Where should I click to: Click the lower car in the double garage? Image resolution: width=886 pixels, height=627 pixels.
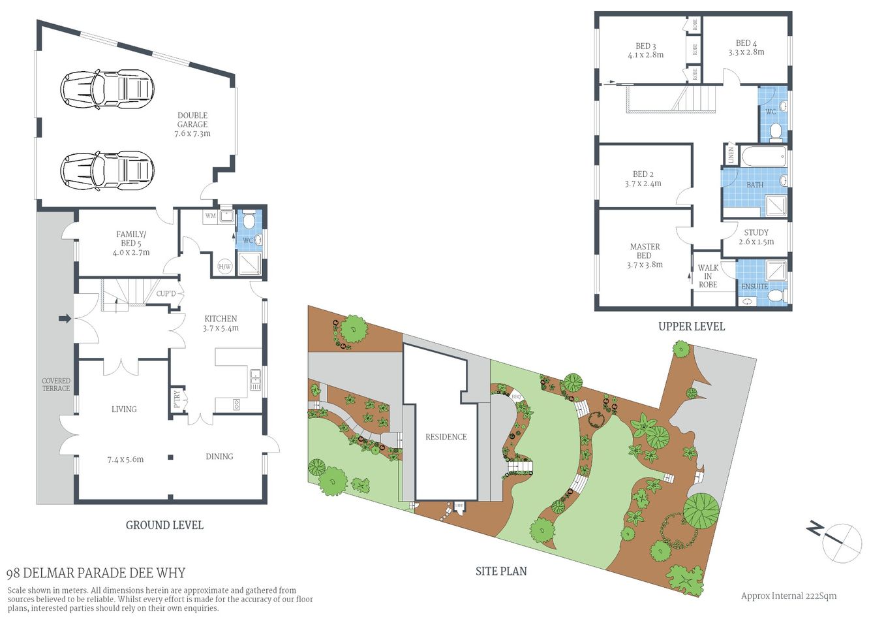coord(107,170)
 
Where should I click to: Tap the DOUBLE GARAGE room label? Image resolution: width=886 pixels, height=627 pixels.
coord(192,124)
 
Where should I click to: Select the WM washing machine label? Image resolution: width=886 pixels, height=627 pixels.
coord(210,216)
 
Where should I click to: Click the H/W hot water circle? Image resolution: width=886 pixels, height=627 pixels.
coord(224,266)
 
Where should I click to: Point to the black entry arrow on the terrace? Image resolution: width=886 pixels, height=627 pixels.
coord(65,319)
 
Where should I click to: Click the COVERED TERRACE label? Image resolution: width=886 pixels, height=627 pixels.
coord(56,385)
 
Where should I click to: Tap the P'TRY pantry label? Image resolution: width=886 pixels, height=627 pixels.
coord(177,398)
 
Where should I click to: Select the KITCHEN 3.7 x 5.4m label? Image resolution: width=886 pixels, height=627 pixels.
coord(221,323)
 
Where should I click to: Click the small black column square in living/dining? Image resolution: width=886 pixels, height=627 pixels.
coord(170,457)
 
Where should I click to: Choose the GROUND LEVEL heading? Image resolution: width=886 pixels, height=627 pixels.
coord(164,525)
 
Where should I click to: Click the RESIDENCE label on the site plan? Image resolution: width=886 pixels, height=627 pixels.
coord(446,437)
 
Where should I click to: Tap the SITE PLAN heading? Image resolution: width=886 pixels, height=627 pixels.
coord(501,571)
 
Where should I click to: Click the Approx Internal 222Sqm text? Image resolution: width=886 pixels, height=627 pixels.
coord(789,596)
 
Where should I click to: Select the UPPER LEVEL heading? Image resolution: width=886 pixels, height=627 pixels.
coord(692,327)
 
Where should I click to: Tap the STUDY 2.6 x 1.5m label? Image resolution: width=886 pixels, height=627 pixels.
coord(756,237)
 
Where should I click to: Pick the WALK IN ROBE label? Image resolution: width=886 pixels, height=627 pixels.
coord(708,276)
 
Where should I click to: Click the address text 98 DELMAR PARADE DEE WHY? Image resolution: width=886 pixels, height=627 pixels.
coord(96,573)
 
